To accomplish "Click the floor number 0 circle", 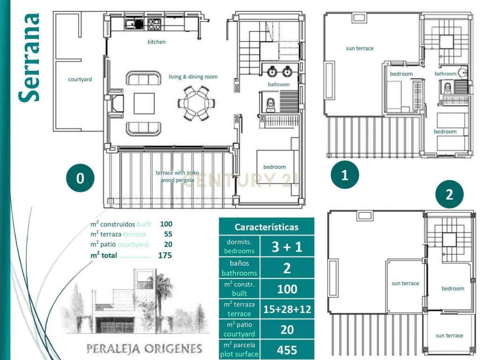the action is (x=80, y=178).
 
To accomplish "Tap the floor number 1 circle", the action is (x=345, y=175).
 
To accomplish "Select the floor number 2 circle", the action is (x=449, y=195).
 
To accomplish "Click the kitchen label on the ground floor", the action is (x=157, y=42).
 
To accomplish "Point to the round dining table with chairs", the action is (x=196, y=103).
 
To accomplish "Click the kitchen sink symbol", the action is (x=134, y=24).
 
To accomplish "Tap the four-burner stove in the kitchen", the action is (x=154, y=24).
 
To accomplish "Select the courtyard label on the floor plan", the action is (x=80, y=79).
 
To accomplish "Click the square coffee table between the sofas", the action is (x=144, y=104).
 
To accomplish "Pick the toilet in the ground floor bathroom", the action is (x=270, y=105).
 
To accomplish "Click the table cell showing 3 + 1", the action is (x=287, y=247).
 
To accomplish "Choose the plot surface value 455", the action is (x=287, y=349).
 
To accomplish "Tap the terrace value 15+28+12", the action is (x=287, y=309).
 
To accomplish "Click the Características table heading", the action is (x=267, y=227).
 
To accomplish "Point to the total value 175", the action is (x=165, y=255).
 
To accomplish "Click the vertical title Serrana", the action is (x=30, y=58).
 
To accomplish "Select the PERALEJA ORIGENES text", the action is (x=144, y=348).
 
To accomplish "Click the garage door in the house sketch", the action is (x=115, y=324).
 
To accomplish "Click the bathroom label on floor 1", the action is (x=445, y=74).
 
